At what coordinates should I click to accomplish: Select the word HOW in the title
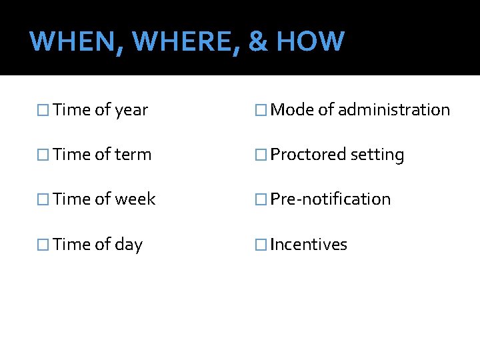tap(310, 41)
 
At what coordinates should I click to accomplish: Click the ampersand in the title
tap(257, 41)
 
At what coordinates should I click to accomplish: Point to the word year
tap(131, 111)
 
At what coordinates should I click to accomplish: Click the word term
tap(133, 155)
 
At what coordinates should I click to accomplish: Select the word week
tap(135, 199)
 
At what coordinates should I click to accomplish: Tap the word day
tap(129, 245)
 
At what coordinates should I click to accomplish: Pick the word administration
tap(394, 110)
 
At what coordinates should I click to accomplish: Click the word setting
tap(377, 155)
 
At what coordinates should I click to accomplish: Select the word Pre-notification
tap(331, 199)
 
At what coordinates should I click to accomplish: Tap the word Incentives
tap(309, 245)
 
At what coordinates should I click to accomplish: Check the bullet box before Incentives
tap(261, 245)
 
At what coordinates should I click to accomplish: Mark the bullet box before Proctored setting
tap(261, 155)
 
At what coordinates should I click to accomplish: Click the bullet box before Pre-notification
tap(261, 199)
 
